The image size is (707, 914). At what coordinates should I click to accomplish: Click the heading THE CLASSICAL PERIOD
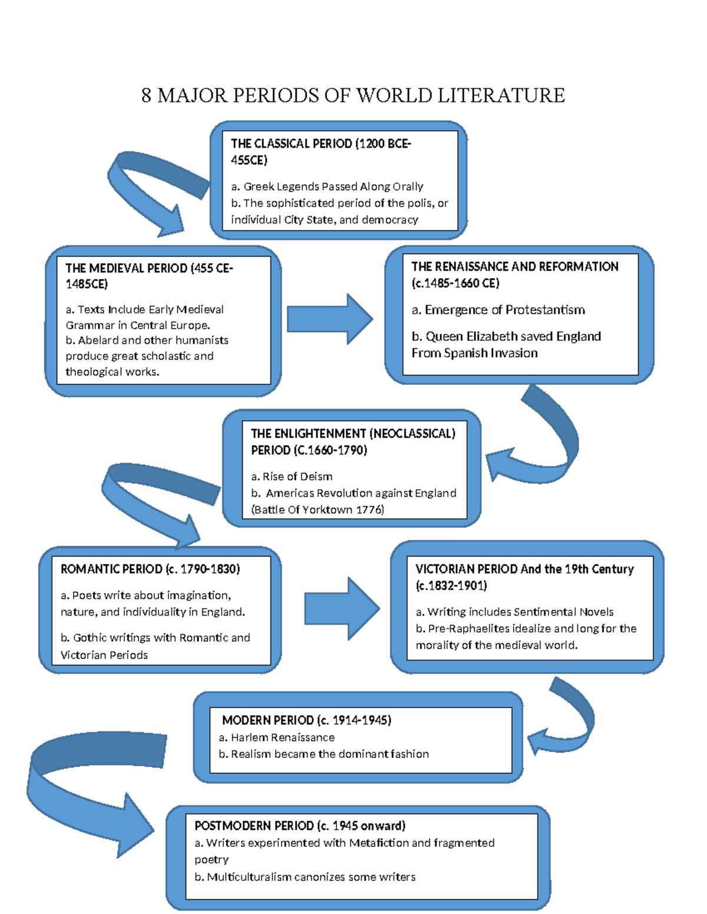pos(291,144)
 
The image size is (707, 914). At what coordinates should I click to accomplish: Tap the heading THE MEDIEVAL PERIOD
pos(126,268)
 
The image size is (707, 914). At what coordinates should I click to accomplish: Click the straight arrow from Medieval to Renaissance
pos(330,319)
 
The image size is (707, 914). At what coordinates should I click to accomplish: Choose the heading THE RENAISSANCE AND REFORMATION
pos(514,267)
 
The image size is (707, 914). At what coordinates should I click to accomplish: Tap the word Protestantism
pos(545,310)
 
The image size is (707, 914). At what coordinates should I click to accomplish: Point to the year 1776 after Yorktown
pos(369,510)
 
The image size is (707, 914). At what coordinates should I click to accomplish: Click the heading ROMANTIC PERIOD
pos(111,569)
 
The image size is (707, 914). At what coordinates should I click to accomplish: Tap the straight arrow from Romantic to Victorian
pos(342,609)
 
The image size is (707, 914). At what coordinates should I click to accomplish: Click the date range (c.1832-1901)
pos(451,586)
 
